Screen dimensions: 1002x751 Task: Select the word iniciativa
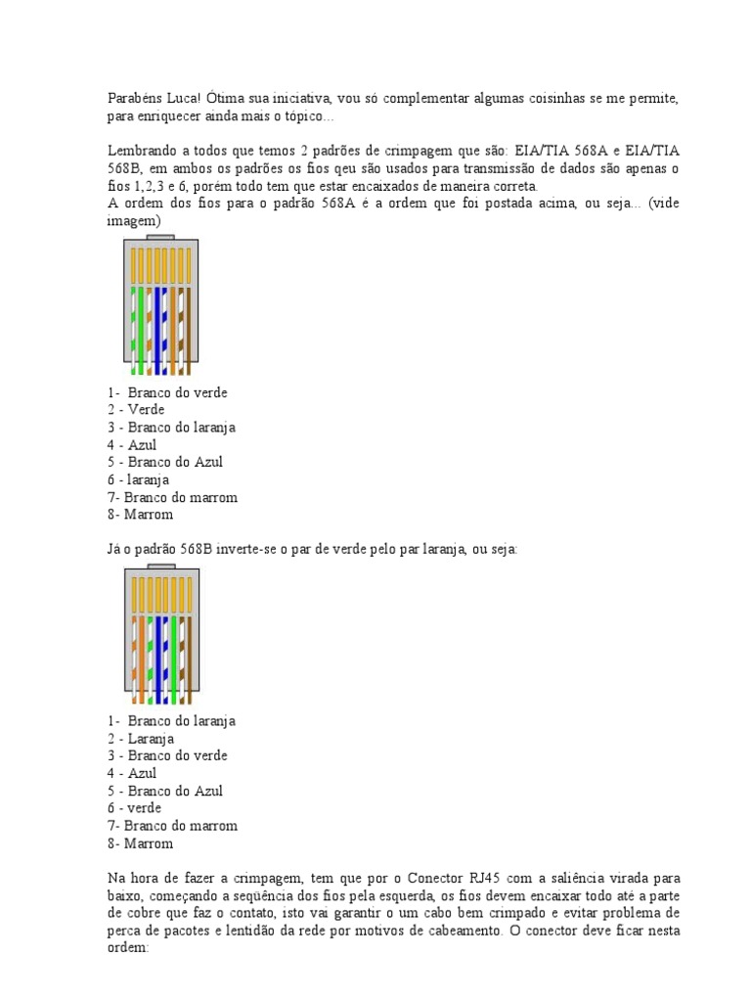(x=300, y=99)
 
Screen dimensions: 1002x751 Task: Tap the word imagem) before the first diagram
(x=133, y=221)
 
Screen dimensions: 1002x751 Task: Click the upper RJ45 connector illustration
(x=160, y=306)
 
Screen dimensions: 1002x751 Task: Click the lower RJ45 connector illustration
(x=160, y=636)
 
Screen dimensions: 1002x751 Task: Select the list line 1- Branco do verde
(x=167, y=392)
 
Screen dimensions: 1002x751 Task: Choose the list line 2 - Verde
(x=136, y=410)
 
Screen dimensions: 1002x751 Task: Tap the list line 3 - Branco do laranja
(x=172, y=428)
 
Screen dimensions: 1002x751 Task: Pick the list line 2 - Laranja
(x=141, y=739)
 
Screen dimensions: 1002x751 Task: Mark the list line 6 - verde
(x=135, y=808)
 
